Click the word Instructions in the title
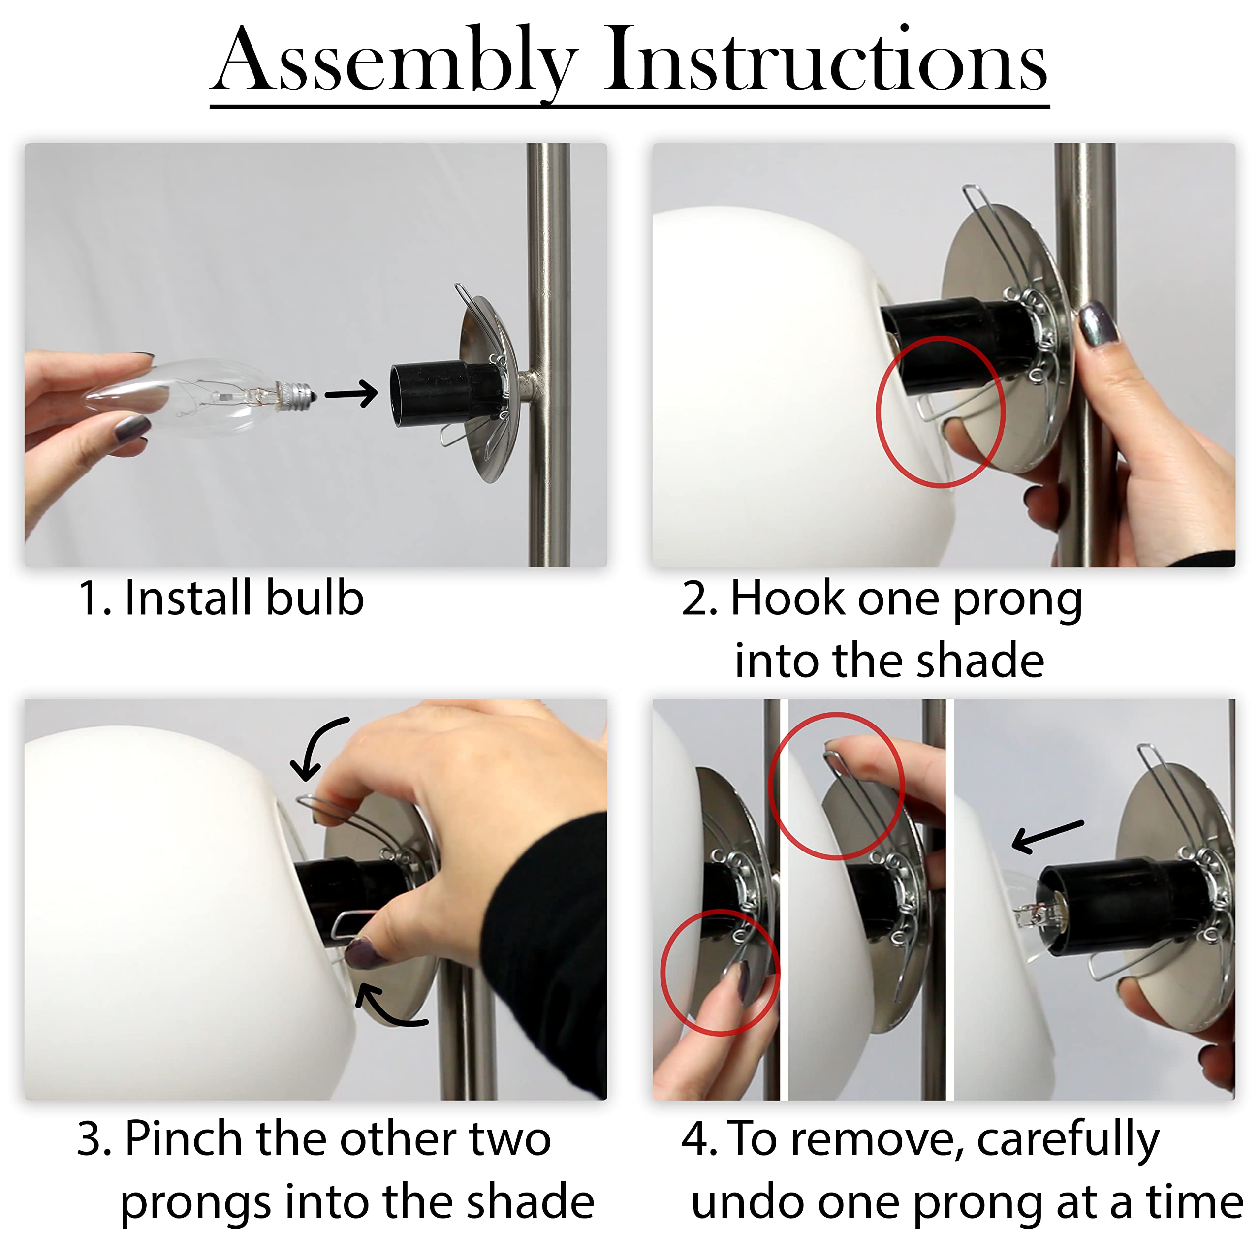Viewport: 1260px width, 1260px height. (x=825, y=62)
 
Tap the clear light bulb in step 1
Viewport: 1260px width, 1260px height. (x=196, y=396)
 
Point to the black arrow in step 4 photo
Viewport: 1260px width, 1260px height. (x=1047, y=836)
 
